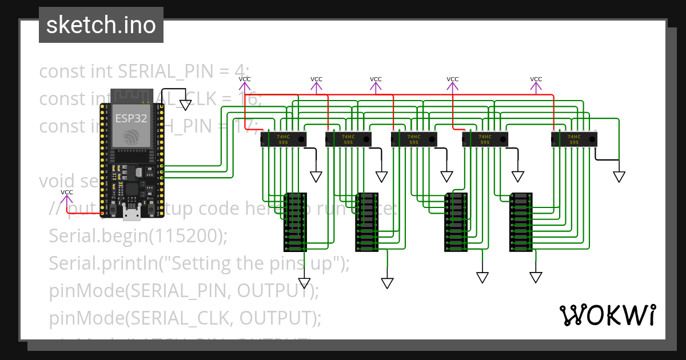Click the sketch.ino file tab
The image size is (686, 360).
101,25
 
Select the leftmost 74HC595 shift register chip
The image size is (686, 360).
283,139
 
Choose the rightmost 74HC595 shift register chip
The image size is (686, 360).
573,139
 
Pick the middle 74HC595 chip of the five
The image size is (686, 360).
413,139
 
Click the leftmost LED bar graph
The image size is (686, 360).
295,222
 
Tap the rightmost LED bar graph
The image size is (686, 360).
521,222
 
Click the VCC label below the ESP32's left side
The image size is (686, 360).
67,193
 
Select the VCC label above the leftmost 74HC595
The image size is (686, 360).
245,79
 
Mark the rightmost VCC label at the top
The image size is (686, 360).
536,79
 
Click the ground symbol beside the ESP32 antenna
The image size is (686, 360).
185,105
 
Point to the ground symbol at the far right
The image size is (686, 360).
619,177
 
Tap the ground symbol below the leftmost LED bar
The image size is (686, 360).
304,283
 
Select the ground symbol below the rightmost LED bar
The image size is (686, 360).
536,277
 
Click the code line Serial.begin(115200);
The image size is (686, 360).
138,235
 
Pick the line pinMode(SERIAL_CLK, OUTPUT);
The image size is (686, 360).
185,317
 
